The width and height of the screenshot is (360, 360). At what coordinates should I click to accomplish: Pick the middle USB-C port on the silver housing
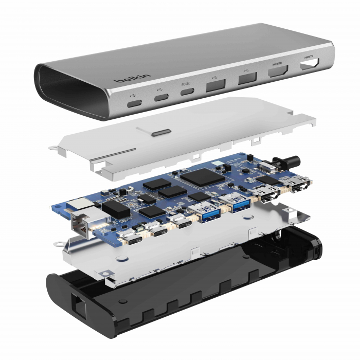[x=161, y=98]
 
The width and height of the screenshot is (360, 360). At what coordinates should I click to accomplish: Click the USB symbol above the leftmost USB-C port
[x=134, y=94]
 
